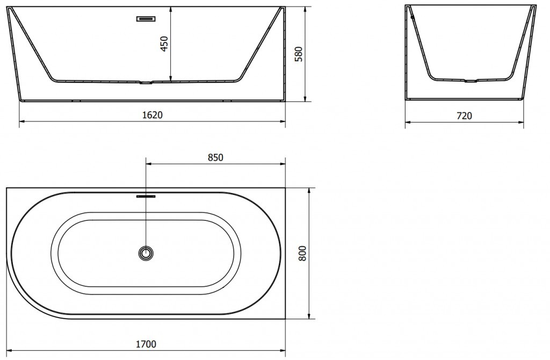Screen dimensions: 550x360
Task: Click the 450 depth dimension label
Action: tap(165, 44)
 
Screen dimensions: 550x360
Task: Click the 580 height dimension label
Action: tap(299, 54)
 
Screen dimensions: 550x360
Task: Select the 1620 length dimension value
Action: tap(152, 115)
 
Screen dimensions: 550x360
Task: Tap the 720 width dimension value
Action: tap(465, 116)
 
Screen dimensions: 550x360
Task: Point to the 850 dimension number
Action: tap(215, 157)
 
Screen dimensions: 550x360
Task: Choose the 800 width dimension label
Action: tap(302, 253)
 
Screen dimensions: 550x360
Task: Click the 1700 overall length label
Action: tap(146, 344)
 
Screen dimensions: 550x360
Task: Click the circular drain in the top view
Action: tap(146, 253)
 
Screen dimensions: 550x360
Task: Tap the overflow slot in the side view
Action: tap(146, 19)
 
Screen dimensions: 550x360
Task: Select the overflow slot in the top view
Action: tap(146, 197)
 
